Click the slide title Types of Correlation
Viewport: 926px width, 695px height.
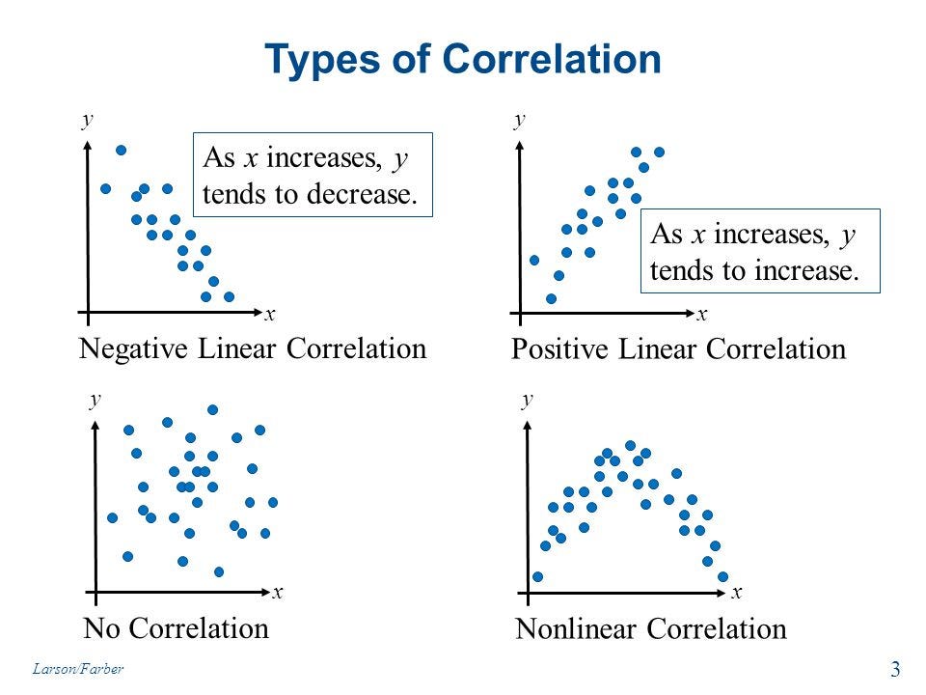point(463,60)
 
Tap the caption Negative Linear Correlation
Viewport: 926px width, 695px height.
point(251,347)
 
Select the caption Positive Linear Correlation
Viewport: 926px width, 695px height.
point(678,348)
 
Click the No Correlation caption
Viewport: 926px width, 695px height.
point(176,628)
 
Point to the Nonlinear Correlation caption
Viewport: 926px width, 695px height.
point(651,629)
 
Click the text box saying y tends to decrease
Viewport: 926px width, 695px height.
point(312,175)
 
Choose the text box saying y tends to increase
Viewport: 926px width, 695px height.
point(753,251)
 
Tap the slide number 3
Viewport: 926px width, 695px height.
point(895,669)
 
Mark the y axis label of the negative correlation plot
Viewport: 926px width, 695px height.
point(87,120)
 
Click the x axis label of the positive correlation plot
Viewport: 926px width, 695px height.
point(702,314)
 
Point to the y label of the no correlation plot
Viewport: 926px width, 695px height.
point(94,400)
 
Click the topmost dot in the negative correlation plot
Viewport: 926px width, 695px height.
point(122,151)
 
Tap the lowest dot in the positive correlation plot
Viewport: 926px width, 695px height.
point(551,298)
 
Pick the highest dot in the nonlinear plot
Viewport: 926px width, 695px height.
point(630,445)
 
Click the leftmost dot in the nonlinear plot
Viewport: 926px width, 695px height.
point(537,576)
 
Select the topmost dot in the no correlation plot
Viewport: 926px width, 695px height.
point(213,409)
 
